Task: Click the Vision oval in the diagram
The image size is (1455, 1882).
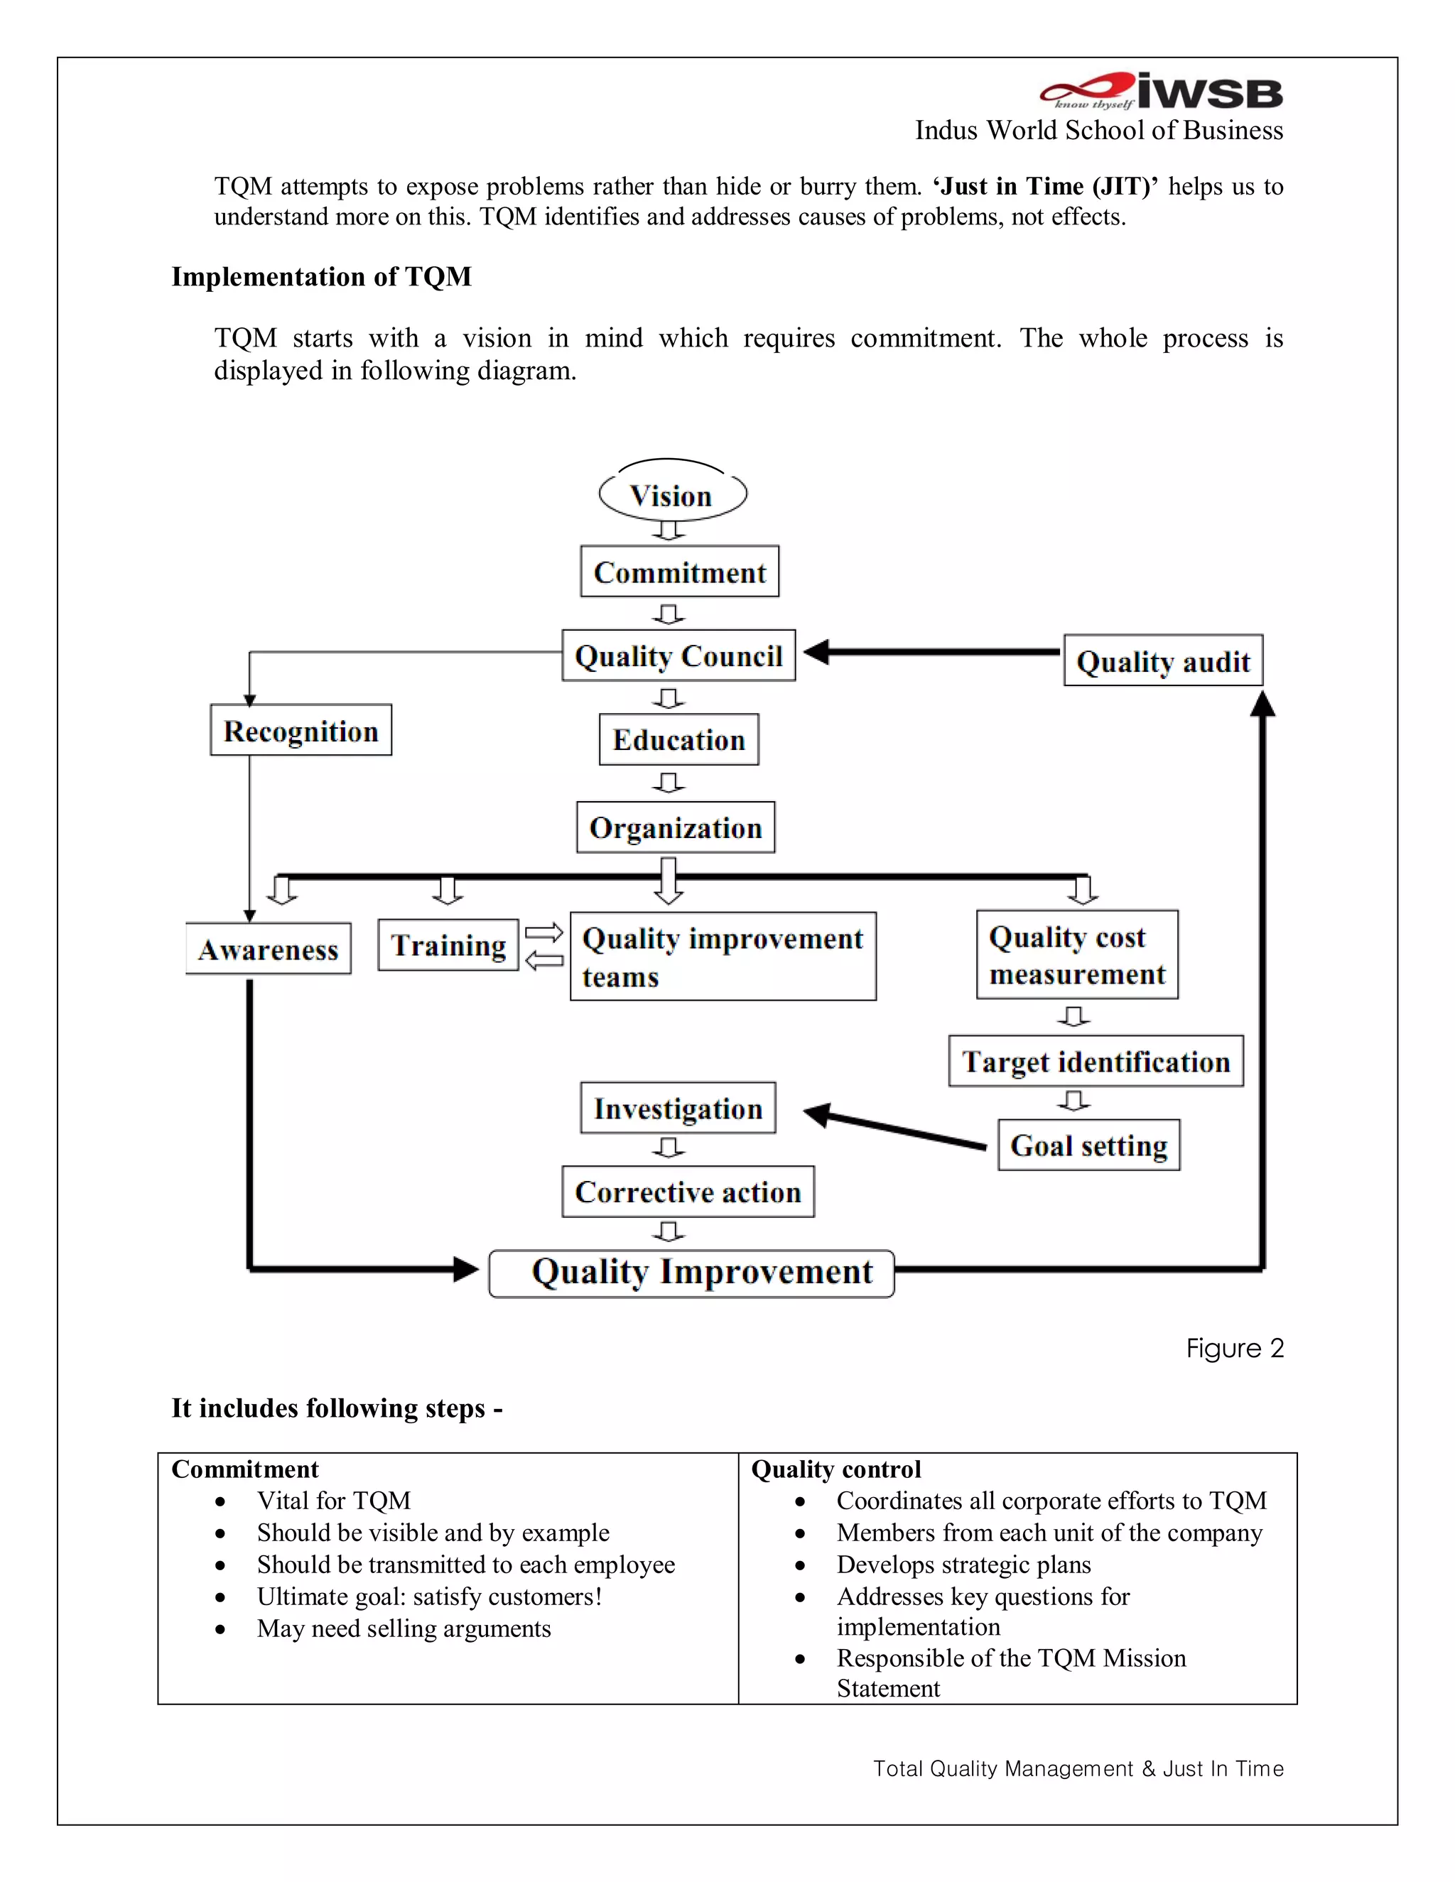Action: pos(672,496)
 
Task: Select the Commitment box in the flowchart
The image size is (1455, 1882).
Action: pos(679,571)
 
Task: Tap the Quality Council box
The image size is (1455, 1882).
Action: pos(678,656)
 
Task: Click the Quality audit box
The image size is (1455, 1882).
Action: pos(1163,661)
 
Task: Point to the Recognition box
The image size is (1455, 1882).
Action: pos(301,731)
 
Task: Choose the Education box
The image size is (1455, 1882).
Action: pos(678,739)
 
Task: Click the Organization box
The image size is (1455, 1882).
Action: pos(675,827)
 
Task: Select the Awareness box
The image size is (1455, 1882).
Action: pos(268,949)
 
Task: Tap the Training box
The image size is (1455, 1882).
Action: pos(448,945)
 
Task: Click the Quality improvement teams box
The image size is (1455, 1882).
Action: pos(723,957)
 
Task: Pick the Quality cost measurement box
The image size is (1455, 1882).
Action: pos(1076,954)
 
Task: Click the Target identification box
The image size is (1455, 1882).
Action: pos(1096,1061)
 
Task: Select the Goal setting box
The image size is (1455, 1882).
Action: pos(1088,1146)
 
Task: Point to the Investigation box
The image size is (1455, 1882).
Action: pos(678,1108)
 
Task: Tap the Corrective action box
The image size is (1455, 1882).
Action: pos(688,1192)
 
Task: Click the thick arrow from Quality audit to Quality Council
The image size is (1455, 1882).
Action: pos(931,653)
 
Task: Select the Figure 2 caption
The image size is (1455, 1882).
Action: pos(1234,1348)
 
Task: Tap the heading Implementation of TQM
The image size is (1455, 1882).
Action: pos(322,276)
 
